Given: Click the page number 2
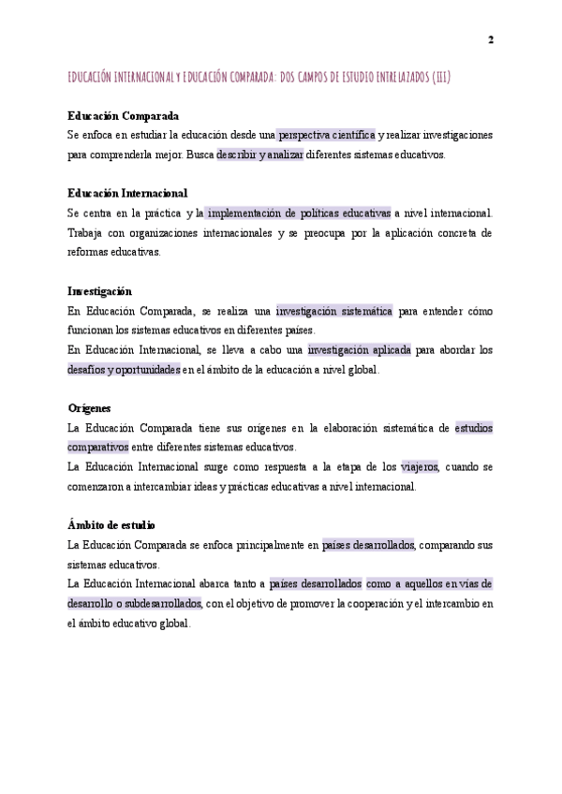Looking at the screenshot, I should click(x=491, y=39).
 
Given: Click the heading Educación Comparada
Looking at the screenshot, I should click(x=123, y=116).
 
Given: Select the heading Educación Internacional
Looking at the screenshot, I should click(x=127, y=193).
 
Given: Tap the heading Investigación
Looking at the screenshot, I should click(x=99, y=291).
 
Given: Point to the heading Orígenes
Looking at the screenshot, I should click(x=89, y=408).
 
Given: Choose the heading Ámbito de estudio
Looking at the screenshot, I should click(x=111, y=525).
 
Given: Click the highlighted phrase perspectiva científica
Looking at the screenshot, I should click(x=326, y=135).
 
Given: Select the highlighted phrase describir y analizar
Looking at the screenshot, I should click(x=259, y=154).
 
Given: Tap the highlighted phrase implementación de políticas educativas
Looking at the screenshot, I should click(x=299, y=213).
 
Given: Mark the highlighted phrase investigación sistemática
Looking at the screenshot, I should click(x=333, y=311).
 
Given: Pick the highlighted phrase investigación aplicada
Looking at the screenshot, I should click(x=359, y=350).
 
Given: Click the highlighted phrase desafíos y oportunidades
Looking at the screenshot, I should click(x=124, y=370).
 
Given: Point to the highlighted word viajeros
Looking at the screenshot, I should click(x=421, y=466).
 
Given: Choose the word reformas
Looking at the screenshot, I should click(x=89, y=252).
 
